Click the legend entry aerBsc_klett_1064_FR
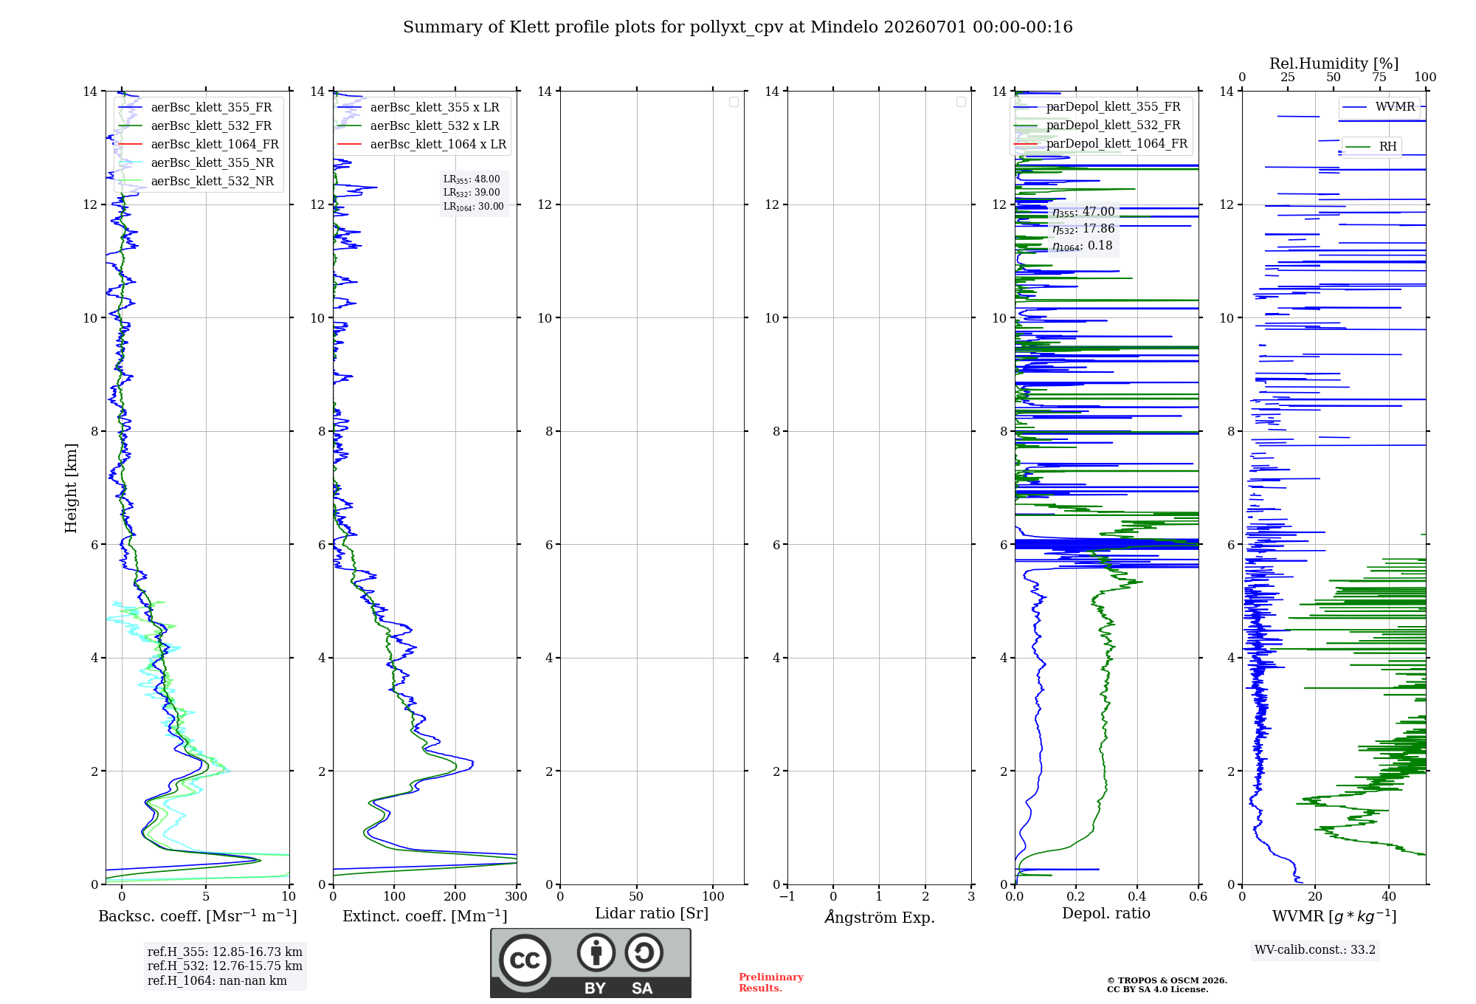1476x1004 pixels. (x=199, y=144)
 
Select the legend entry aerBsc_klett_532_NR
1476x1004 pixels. (x=196, y=181)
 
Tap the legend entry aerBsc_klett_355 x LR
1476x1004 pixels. (x=418, y=107)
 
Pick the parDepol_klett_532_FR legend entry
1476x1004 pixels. (x=1097, y=125)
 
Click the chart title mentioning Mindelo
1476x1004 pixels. (x=738, y=27)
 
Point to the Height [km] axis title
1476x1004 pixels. (x=71, y=488)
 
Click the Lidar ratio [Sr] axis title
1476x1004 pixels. (x=652, y=914)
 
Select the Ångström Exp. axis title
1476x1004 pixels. (x=880, y=917)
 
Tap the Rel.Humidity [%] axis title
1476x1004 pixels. (x=1334, y=63)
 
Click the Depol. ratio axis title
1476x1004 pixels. (x=1106, y=914)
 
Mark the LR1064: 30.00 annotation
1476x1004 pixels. (x=474, y=207)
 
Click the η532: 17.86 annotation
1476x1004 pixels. (x=1083, y=229)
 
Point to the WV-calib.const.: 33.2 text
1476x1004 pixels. (x=1315, y=950)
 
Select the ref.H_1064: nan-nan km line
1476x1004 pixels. (x=217, y=981)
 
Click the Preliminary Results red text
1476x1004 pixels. (x=771, y=983)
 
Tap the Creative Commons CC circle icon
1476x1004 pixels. (x=525, y=960)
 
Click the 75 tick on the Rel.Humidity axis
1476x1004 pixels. (x=1379, y=78)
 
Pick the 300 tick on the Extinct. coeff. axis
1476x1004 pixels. (x=517, y=897)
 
